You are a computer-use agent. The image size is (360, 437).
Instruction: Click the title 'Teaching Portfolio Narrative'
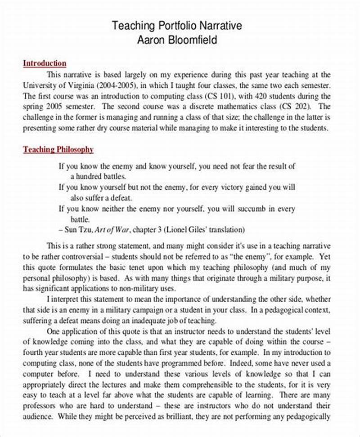[x=177, y=26]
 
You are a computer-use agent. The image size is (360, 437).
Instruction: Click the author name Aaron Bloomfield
[x=177, y=40]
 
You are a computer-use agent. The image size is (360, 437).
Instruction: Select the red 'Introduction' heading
[x=45, y=63]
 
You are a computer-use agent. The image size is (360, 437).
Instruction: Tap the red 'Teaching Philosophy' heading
[x=58, y=149]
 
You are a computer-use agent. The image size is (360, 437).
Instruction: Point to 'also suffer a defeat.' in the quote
[x=96, y=198]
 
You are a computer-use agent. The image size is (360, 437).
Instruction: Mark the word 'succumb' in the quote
[x=252, y=209]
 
